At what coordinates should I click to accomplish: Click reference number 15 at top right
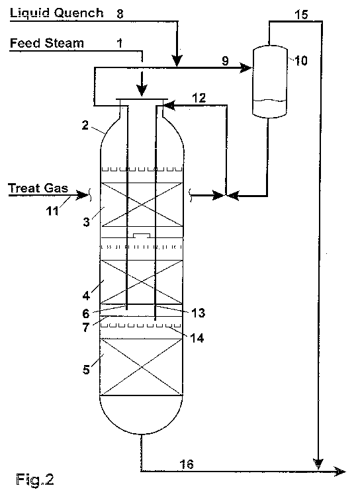tap(300, 14)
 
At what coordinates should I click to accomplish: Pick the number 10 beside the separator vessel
tap(300, 60)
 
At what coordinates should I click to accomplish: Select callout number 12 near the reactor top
tap(199, 97)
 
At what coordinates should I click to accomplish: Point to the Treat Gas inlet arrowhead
tap(85, 194)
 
